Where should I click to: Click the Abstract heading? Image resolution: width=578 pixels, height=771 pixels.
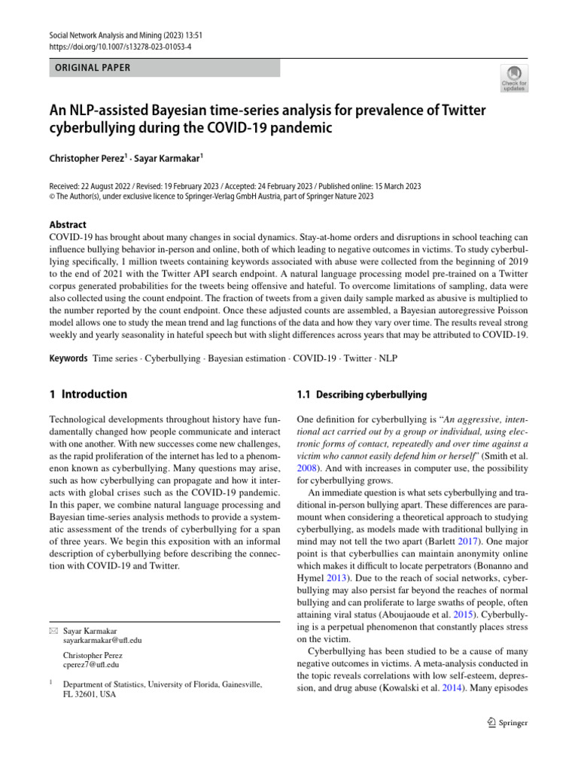click(x=68, y=224)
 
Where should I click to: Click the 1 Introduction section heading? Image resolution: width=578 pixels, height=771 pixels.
click(x=88, y=394)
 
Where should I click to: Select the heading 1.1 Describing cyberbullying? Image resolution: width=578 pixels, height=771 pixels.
click(x=362, y=395)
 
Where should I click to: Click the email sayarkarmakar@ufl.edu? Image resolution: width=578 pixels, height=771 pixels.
click(x=102, y=641)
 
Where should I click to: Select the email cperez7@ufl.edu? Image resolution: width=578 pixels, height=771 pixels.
click(x=92, y=665)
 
